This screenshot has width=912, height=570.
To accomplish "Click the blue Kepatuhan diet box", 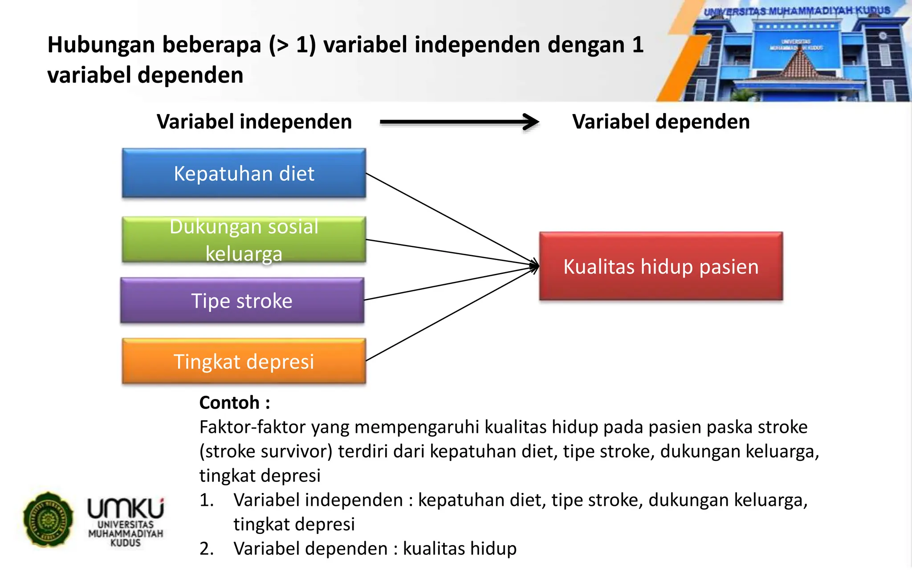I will [244, 173].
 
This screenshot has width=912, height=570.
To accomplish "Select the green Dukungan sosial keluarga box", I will [244, 240].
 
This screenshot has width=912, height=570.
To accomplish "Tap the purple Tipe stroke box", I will [242, 301].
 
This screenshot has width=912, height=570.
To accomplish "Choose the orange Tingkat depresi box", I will [244, 361].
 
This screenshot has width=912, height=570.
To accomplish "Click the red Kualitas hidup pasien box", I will [661, 266].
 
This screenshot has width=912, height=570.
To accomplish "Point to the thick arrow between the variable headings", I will [459, 122].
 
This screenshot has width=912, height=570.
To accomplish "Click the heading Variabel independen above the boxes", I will [254, 122].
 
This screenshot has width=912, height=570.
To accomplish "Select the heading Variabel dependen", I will [661, 122].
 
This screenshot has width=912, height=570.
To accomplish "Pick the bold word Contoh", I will [229, 403].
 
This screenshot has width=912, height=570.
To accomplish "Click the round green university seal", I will [48, 519].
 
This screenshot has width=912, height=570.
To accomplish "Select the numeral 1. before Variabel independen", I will [207, 500].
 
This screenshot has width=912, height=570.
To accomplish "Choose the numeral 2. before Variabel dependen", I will [207, 549].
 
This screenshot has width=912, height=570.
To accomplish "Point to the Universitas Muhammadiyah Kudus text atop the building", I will [797, 11].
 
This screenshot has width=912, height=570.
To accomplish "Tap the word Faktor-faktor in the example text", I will [252, 427].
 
